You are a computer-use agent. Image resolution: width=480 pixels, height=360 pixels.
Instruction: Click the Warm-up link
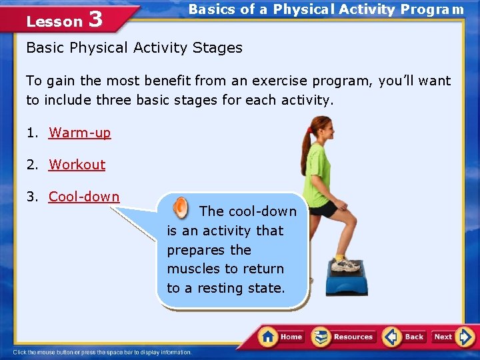tap(80, 133)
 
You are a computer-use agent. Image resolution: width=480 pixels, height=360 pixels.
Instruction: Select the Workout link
tap(77, 165)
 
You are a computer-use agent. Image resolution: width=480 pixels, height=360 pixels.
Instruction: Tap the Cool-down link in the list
tap(84, 197)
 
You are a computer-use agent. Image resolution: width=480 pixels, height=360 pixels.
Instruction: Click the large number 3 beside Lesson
tap(95, 19)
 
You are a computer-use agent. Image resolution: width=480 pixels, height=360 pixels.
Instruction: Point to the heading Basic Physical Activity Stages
tap(134, 48)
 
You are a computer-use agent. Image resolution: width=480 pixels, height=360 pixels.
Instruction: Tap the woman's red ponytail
tap(307, 140)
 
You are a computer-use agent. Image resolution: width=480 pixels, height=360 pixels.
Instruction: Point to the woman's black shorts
tap(324, 209)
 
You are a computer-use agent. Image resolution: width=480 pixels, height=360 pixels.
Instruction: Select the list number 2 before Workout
tap(31, 165)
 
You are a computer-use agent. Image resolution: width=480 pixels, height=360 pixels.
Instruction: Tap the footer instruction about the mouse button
tap(103, 352)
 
